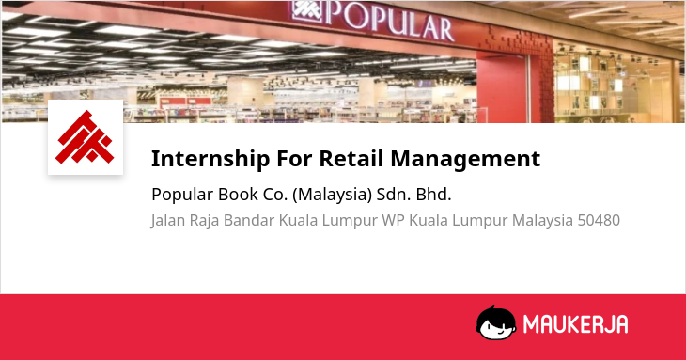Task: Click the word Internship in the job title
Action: (x=210, y=159)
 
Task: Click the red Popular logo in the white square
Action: (x=85, y=137)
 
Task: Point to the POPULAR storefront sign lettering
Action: (x=388, y=20)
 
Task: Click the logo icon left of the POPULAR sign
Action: (x=306, y=12)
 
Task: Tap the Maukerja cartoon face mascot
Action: (x=495, y=322)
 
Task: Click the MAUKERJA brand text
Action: (x=576, y=324)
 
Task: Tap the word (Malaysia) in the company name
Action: (x=332, y=195)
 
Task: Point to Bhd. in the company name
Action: (x=433, y=195)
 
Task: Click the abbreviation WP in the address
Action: (x=393, y=220)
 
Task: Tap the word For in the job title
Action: (x=294, y=158)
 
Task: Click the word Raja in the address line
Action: (x=204, y=221)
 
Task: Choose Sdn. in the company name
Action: (x=394, y=195)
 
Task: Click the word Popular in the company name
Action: (x=182, y=196)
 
